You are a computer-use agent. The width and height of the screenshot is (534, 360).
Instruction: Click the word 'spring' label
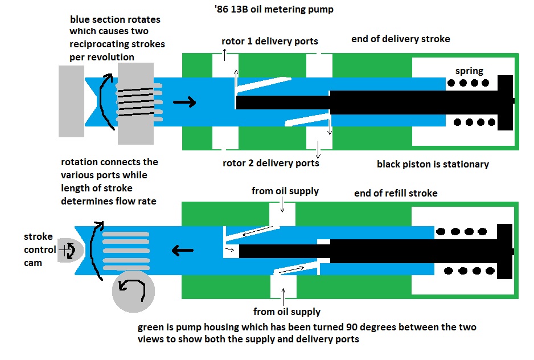point(469,71)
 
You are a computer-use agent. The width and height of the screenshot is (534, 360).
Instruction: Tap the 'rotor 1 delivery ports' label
point(269,41)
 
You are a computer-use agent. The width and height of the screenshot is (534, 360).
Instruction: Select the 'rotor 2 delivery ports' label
point(270,163)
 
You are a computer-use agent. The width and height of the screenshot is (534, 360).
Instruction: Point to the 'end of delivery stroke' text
point(400,39)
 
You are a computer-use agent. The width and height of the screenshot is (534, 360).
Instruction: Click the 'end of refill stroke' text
point(396,193)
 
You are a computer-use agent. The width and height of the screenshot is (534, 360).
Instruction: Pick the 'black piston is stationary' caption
point(433,165)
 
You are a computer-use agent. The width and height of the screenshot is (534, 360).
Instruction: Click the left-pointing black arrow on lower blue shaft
point(183,249)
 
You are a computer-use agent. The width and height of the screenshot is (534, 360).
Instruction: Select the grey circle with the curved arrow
point(133,291)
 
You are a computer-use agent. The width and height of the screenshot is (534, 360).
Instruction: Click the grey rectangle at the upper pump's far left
point(71,101)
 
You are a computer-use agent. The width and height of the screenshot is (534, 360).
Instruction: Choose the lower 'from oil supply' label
point(286,312)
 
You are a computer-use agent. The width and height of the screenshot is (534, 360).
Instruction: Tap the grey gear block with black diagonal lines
point(135,103)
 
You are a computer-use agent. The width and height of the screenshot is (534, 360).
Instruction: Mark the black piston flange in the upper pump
point(506,101)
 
